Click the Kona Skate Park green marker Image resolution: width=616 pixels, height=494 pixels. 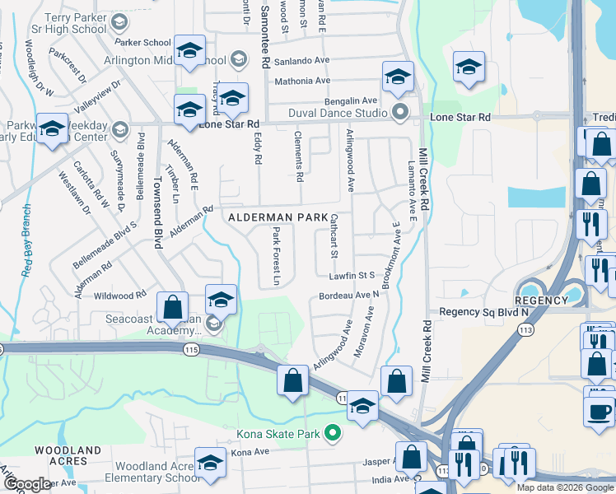(x=333, y=431)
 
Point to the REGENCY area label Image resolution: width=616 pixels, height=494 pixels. (x=541, y=301)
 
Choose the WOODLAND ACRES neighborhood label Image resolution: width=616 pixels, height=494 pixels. (x=68, y=456)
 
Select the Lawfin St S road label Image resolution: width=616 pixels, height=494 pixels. (x=352, y=274)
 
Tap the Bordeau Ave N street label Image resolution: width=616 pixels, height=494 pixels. (x=348, y=294)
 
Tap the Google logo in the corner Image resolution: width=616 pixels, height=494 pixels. (x=27, y=484)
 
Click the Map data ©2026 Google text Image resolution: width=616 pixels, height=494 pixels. (x=564, y=487)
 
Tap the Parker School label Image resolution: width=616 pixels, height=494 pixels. (x=142, y=42)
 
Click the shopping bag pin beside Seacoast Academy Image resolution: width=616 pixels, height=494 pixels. (x=172, y=308)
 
